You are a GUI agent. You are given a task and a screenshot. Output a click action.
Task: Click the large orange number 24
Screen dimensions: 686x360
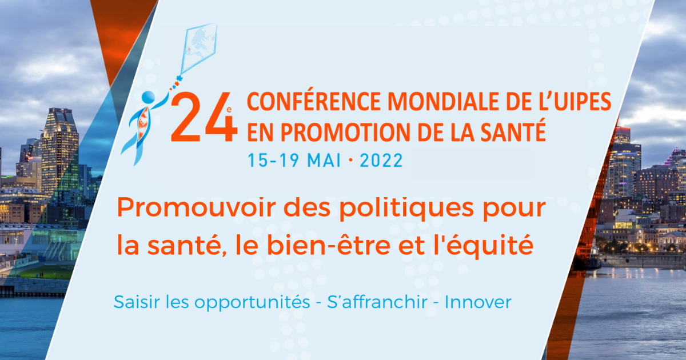point(204,117)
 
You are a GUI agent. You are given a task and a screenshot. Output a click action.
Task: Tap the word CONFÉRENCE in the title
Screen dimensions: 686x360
point(314,101)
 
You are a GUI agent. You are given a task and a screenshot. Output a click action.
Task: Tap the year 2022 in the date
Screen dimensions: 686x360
point(381,161)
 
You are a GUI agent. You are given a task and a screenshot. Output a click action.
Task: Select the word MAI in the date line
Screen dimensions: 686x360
point(324,161)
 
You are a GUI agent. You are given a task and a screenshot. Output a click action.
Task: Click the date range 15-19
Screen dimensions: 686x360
point(273,161)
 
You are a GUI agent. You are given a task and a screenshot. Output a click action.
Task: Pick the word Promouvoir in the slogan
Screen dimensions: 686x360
point(196,207)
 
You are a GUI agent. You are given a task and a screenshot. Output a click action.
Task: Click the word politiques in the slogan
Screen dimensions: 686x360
point(406,209)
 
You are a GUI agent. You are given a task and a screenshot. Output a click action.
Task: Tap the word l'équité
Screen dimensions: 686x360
point(483,246)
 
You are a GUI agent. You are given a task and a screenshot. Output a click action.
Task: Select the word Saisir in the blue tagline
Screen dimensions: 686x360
point(137,302)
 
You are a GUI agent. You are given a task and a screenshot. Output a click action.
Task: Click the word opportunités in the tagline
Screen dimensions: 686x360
point(252,303)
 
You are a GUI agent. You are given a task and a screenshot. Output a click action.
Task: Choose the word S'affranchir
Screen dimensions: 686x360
point(377,302)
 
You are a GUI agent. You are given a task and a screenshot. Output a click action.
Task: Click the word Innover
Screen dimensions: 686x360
point(478,302)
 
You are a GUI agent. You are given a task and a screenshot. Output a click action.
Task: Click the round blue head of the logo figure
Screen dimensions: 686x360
point(149,97)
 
